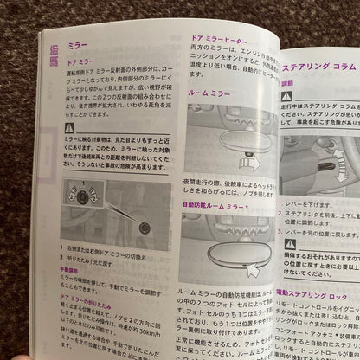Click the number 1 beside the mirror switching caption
click(x=61, y=249)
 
